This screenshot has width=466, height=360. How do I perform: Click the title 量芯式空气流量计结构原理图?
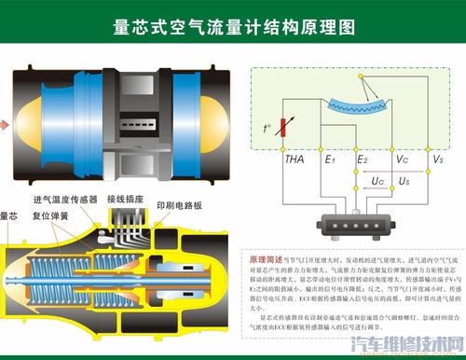click(x=233, y=28)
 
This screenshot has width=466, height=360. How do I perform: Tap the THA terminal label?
click(x=294, y=159)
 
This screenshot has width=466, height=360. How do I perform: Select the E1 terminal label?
click(x=329, y=159)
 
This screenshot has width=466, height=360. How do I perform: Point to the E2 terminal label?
click(x=363, y=159)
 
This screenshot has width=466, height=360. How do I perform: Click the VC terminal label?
click(x=403, y=159)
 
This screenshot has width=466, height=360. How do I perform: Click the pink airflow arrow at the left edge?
click(x=4, y=121)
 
